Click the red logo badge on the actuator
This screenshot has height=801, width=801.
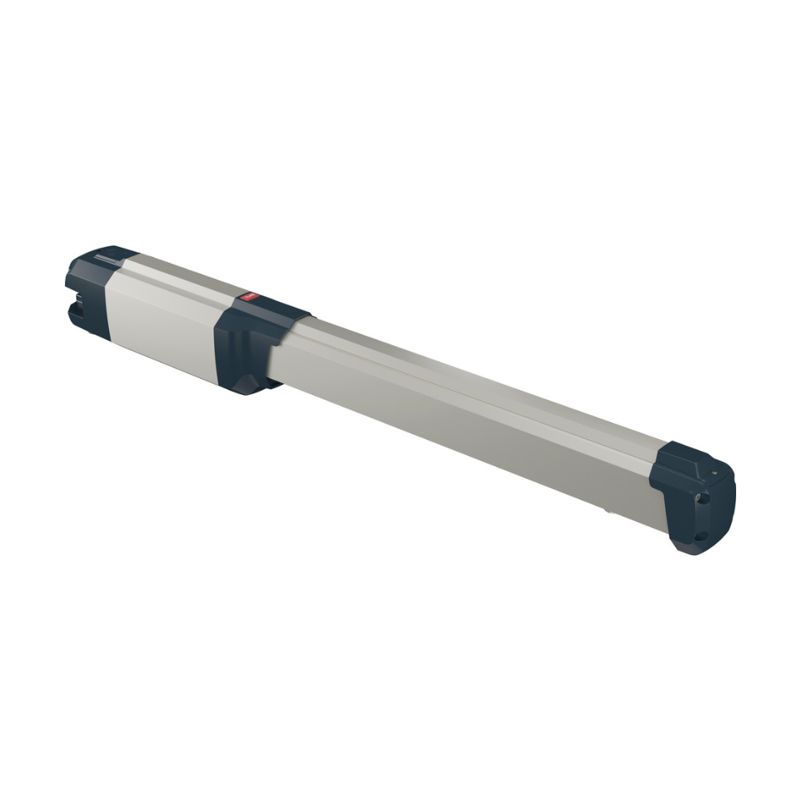(246, 297)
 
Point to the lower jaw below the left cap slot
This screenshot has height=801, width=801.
(84, 320)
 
